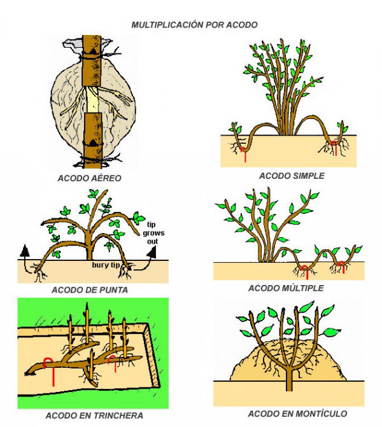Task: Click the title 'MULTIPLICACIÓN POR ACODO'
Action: [194, 25]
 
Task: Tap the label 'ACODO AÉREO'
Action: [89, 178]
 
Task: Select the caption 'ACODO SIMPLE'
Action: [292, 176]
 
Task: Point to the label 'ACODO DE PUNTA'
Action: [89, 290]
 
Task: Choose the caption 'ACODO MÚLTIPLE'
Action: [286, 288]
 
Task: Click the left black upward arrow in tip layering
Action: [25, 250]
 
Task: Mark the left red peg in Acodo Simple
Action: [243, 153]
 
